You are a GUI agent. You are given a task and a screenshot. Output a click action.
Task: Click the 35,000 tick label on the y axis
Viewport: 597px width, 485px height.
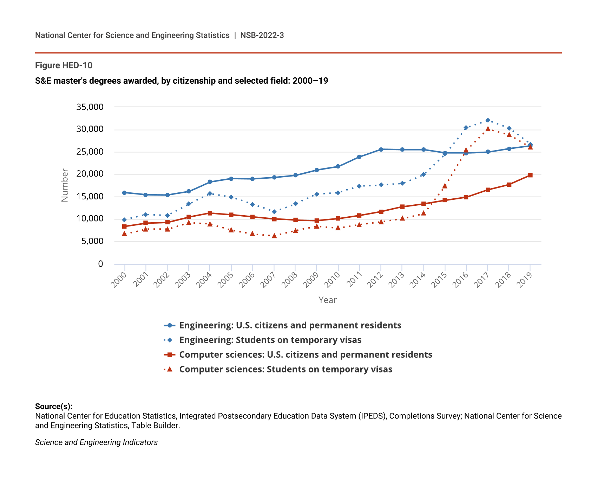90,107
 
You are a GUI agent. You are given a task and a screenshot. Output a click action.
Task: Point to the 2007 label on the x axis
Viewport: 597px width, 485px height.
269,280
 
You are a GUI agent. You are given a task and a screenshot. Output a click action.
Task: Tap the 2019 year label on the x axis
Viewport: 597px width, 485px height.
525,280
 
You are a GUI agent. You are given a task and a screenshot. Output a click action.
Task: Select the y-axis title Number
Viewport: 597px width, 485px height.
65,185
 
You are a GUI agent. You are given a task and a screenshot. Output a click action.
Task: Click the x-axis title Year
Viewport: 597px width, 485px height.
327,300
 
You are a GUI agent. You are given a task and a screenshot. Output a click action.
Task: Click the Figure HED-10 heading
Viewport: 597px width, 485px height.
64,65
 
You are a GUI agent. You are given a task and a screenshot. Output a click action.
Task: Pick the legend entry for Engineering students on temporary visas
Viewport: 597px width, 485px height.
270,340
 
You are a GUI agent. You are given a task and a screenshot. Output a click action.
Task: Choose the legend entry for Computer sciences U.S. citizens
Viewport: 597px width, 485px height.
306,355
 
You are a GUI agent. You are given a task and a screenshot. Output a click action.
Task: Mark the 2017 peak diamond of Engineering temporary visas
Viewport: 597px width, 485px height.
487,120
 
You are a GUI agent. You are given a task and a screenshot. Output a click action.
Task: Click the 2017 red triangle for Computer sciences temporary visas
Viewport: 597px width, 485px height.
487,129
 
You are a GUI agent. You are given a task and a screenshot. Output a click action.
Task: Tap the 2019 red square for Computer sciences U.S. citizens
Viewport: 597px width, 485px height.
530,175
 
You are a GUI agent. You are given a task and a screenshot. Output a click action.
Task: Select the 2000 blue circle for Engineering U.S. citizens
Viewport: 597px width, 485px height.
124,193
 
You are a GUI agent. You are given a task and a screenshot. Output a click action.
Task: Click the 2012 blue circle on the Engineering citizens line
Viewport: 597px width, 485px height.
381,149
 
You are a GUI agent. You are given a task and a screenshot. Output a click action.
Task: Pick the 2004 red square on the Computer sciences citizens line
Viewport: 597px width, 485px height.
210,213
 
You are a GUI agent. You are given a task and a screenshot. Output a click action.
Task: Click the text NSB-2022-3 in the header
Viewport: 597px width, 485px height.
262,36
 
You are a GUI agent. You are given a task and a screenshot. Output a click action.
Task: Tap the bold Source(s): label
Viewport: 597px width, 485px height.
54,407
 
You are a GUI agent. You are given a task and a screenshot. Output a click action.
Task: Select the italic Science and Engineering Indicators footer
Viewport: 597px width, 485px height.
96,442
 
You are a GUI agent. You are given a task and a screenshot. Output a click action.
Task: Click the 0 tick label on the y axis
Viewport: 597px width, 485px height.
101,264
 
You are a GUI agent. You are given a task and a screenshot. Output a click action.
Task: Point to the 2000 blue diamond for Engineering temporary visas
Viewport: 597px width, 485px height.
124,220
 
